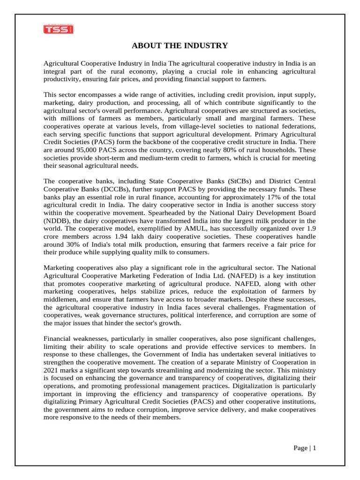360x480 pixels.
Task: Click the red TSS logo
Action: [59, 29]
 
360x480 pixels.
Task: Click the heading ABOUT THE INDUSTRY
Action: [180, 45]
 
